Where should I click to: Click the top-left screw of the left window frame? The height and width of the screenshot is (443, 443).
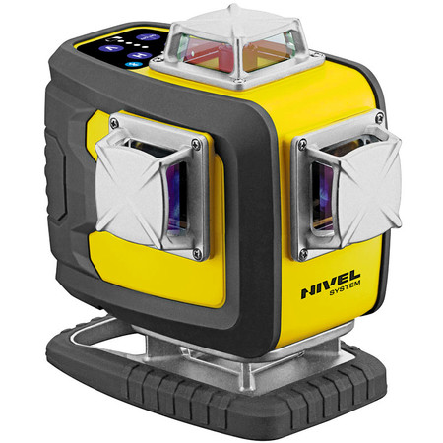tap(115, 123)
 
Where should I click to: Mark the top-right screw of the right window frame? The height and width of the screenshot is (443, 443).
tap(379, 120)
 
